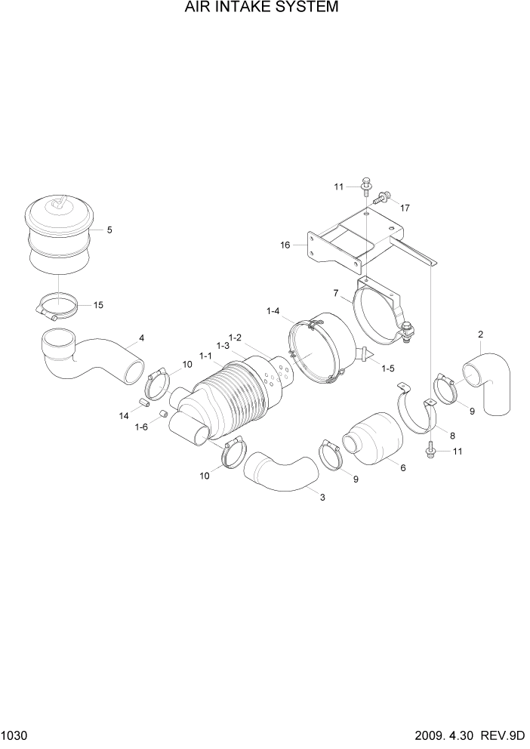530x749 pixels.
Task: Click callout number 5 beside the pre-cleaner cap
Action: click(x=109, y=230)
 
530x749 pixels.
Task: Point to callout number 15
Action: click(x=98, y=305)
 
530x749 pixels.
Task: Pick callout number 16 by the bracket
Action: click(x=285, y=245)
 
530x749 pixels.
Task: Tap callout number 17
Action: click(x=405, y=208)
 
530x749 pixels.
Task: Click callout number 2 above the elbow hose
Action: click(x=480, y=334)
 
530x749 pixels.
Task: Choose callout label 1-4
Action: click(x=273, y=310)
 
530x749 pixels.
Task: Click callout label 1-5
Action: click(x=388, y=368)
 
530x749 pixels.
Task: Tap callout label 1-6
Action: click(x=141, y=427)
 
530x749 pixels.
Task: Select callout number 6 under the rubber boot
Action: click(x=402, y=468)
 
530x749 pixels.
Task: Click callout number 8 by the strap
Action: click(x=452, y=436)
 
